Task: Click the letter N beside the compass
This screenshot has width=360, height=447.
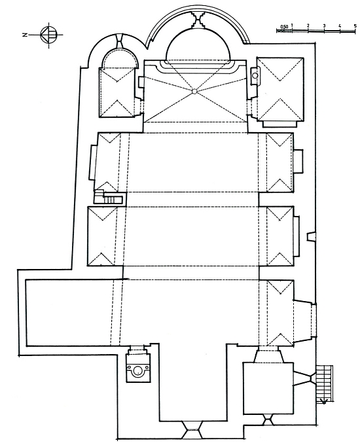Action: point(25,35)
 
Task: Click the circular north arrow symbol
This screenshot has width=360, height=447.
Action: point(48,35)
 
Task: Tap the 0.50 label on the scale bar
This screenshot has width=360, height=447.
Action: point(284,27)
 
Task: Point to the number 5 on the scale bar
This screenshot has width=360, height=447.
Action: point(355,26)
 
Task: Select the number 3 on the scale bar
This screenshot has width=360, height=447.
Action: point(324,26)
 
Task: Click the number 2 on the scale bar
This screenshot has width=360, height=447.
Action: point(308,26)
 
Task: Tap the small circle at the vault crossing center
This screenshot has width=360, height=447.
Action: point(194,92)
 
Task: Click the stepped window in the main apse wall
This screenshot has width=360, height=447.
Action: point(198,20)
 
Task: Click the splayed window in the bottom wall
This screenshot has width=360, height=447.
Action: point(192,429)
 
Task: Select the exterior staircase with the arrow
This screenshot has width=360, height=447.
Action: point(325,384)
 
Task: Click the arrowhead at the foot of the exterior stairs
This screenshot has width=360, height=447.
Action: point(323,401)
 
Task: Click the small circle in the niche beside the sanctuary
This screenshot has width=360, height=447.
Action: point(255,76)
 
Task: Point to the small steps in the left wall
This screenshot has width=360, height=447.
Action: point(109,197)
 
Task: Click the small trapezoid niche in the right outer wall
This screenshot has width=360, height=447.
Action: point(311,237)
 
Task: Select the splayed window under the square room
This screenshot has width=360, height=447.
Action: point(268,420)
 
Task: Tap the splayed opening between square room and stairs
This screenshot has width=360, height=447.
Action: point(304,378)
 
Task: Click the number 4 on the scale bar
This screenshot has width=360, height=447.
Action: point(340,26)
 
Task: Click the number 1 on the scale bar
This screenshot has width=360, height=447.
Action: point(293,26)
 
